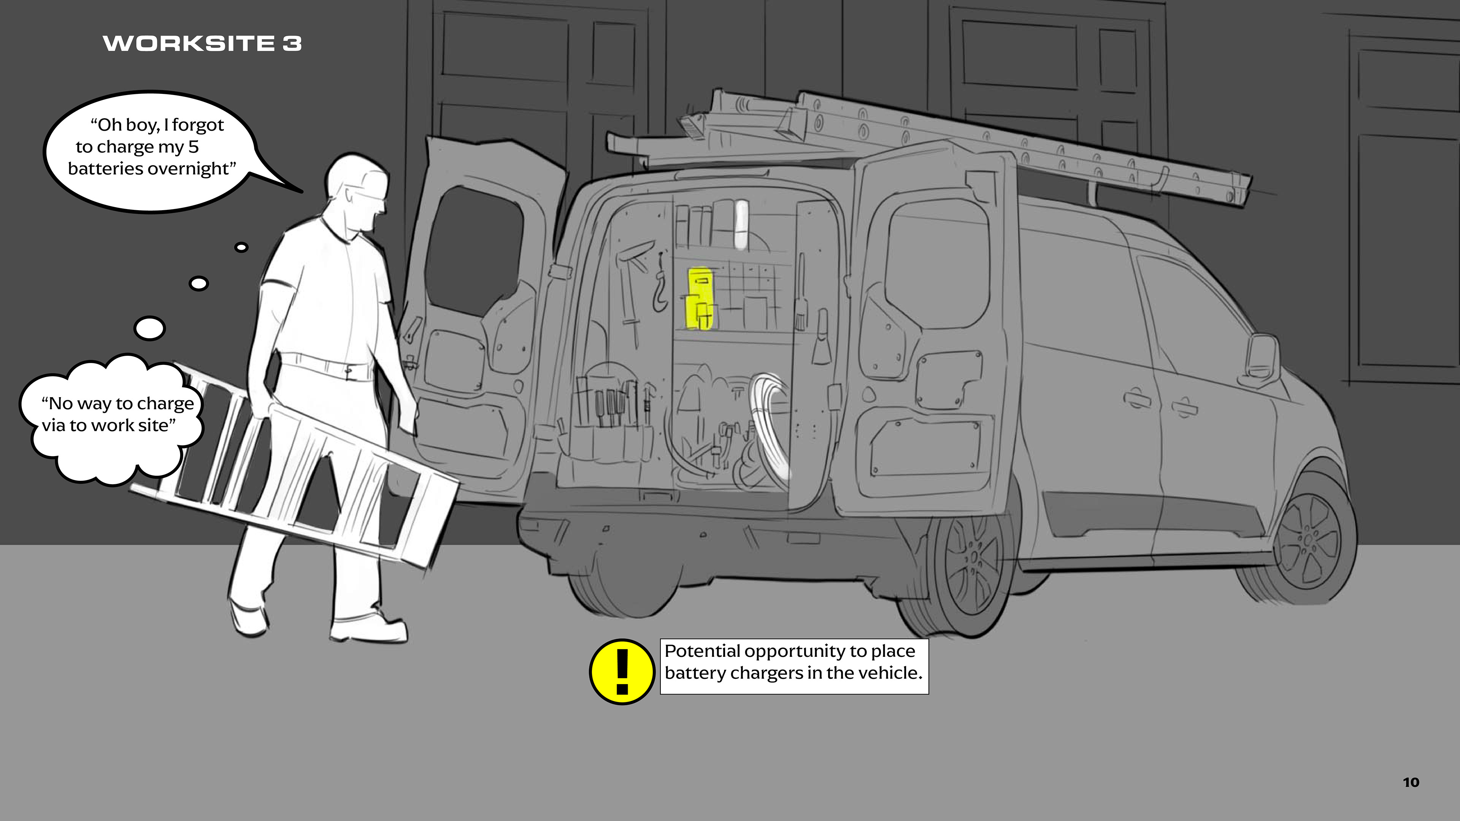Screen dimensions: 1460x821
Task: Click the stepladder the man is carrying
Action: point(295,464)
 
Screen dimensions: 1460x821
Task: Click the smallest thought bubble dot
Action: point(241,247)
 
